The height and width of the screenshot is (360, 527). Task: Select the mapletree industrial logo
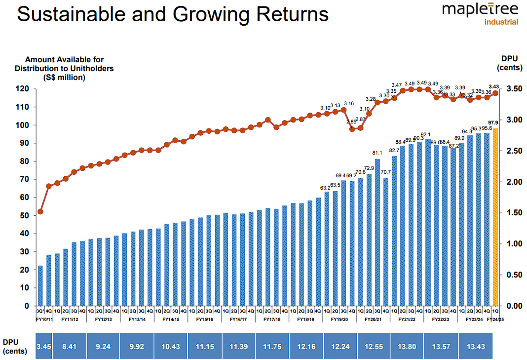480,14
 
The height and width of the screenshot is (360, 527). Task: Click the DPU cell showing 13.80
407,347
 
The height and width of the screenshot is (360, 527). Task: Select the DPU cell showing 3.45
44,347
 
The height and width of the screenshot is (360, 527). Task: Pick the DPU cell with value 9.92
137,347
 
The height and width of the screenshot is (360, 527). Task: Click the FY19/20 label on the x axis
339,320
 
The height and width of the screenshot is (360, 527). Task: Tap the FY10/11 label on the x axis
44,320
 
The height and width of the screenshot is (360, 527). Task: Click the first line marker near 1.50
40,211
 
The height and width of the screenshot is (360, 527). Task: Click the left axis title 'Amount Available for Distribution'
64,68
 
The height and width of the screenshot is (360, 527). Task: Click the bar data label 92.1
427,134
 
